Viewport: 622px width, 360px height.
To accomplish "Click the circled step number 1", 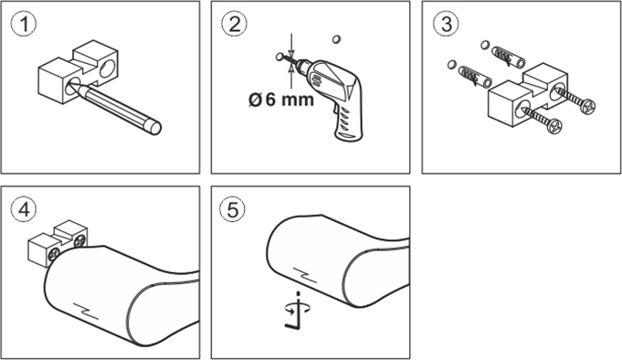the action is tap(24, 24).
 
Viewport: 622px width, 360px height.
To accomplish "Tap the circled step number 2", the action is tap(235, 24).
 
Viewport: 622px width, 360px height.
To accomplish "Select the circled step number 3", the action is tap(446, 24).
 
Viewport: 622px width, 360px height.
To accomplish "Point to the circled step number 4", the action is tap(24, 209).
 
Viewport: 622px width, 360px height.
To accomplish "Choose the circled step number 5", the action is tap(233, 209).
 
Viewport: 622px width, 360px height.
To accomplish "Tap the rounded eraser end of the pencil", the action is tap(154, 127).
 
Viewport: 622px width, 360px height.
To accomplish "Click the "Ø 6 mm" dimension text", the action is tap(280, 100).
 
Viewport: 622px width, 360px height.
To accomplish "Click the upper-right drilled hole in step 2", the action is tap(336, 39).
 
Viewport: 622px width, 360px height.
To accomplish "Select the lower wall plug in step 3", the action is tap(475, 77).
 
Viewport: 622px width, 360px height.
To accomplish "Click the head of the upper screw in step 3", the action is tap(587, 106).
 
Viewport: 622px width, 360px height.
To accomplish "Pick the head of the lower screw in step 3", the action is tap(554, 125).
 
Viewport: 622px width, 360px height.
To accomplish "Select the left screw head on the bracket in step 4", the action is tap(54, 255).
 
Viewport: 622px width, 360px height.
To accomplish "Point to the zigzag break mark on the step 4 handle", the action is tap(86, 311).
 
